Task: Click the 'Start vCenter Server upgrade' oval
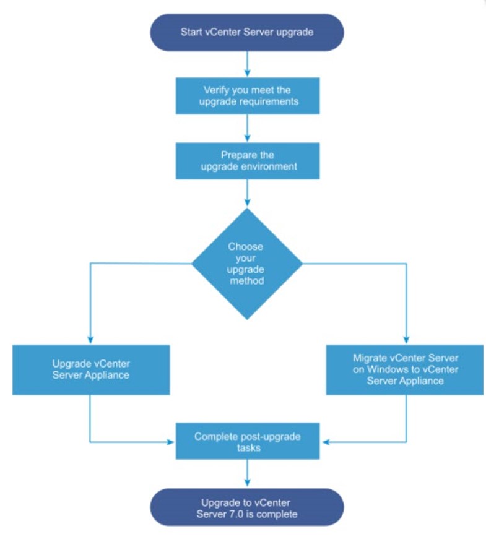[x=247, y=33]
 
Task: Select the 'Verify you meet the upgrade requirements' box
[x=248, y=96]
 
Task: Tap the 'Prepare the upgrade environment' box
[x=248, y=161]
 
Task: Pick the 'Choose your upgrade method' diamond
[x=247, y=264]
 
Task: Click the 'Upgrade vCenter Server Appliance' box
[x=91, y=369]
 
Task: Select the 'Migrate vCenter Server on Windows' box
[x=405, y=369]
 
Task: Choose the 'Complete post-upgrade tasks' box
[x=248, y=441]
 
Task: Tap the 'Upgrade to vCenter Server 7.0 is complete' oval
[x=247, y=507]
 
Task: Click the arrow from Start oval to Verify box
[x=247, y=64]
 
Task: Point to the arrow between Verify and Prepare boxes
[x=247, y=128]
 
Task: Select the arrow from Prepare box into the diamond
[x=247, y=193]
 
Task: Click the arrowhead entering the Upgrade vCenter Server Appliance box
[x=90, y=340]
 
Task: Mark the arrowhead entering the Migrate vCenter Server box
[x=406, y=340]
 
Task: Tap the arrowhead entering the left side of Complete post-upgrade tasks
[x=170, y=442]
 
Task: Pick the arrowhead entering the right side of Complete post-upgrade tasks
[x=325, y=442]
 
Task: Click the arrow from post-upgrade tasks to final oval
[x=247, y=473]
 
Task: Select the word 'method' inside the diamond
[x=247, y=280]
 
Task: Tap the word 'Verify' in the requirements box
[x=216, y=90]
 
